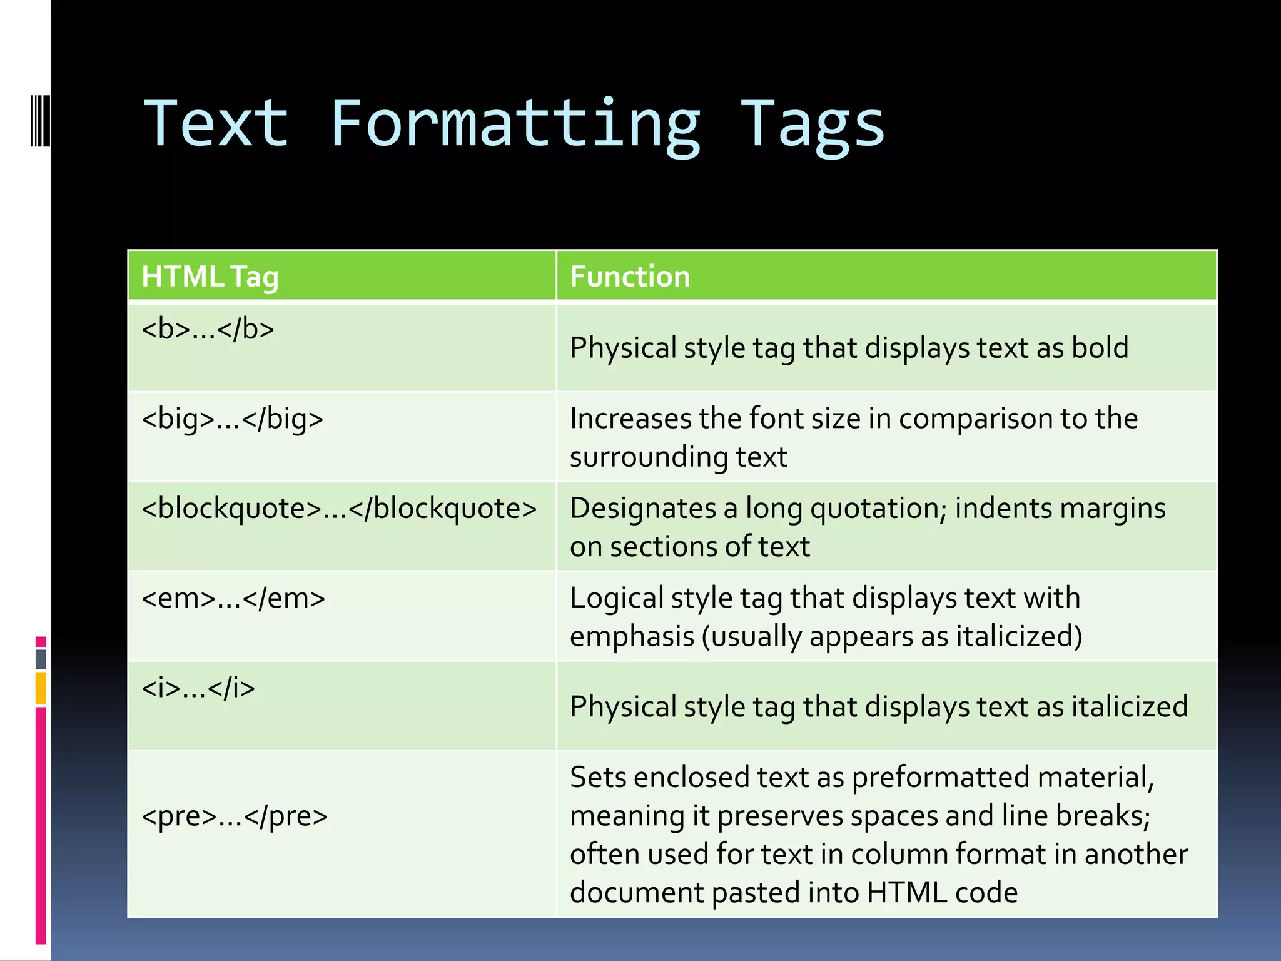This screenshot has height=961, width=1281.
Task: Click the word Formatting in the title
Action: pos(514,125)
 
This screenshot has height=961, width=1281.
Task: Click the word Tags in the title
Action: pos(812,125)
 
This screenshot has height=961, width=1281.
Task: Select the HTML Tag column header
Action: pos(210,277)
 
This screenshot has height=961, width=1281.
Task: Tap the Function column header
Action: pos(630,277)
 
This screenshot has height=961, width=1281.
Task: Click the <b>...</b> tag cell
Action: pos(208,329)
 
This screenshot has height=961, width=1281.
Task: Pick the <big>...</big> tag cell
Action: pos(232,419)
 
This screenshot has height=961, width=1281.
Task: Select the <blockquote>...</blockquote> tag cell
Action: pos(339,508)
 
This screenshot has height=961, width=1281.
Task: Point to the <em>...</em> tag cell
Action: pos(233,598)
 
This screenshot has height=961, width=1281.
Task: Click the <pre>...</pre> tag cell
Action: pos(235,816)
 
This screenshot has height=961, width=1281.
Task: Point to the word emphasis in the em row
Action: pos(632,637)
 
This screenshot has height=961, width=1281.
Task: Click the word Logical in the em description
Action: pos(616,598)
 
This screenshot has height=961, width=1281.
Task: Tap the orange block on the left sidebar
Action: pos(41,688)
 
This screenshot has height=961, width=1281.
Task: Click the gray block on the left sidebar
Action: pos(41,659)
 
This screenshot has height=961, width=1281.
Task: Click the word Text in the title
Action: pos(216,125)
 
